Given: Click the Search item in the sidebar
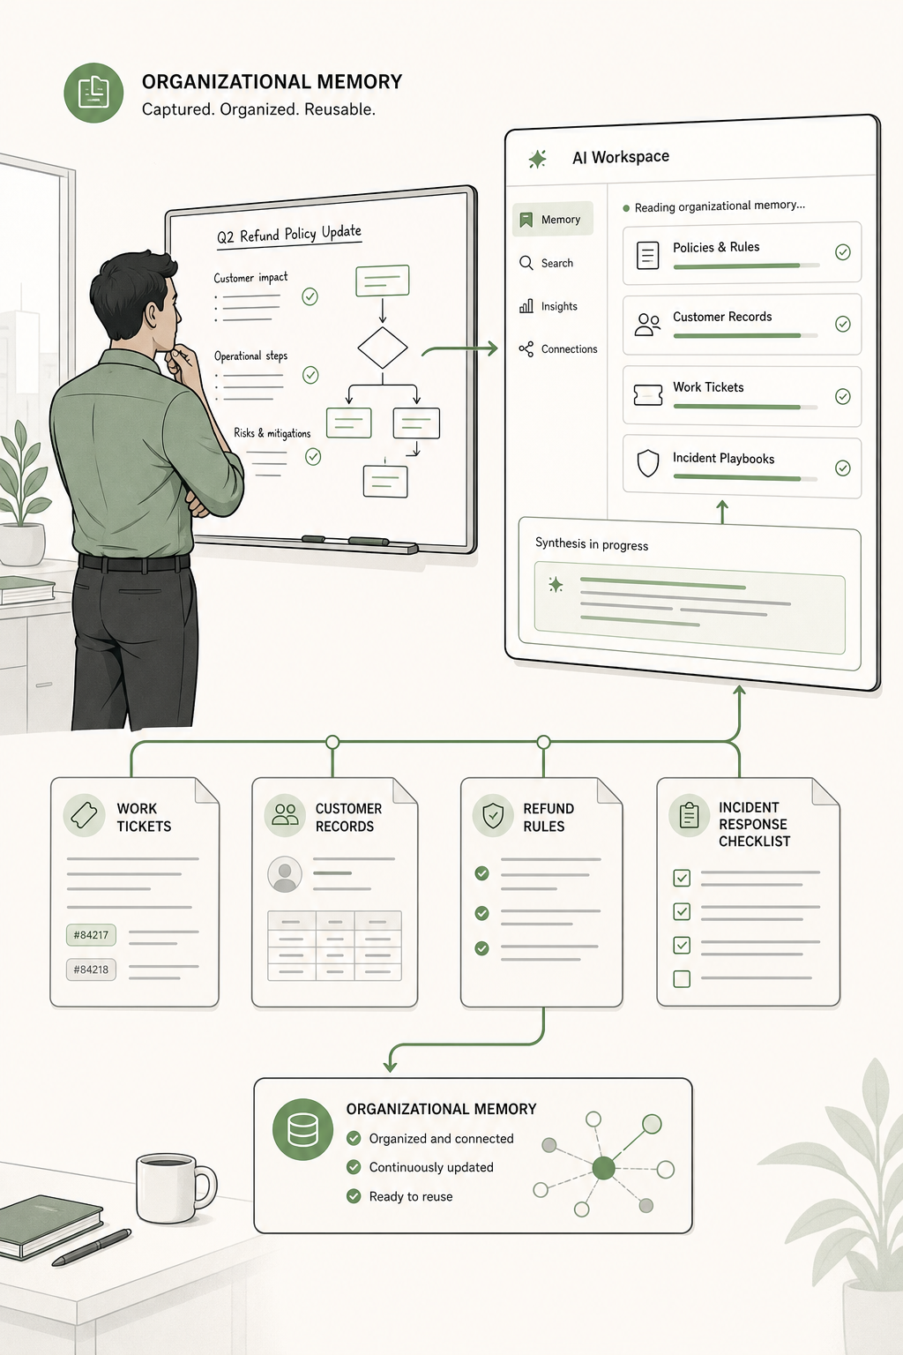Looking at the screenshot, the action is coord(546,263).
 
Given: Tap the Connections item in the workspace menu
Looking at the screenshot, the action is coord(557,349).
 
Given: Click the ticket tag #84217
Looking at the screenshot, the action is coord(92,934).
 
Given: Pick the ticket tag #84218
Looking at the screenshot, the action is coord(92,969).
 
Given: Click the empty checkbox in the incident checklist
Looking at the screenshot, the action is coord(682,978).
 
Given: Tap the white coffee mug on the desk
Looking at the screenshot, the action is coord(175,1188).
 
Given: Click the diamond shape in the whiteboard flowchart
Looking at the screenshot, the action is coord(382,348).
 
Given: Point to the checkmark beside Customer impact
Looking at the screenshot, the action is coord(310,296).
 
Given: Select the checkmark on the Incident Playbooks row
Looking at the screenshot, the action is coord(842,468).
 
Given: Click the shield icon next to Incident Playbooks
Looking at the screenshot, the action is coord(648,463).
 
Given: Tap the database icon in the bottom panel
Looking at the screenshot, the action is coord(302,1129).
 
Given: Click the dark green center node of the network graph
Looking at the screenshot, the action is coord(603,1168).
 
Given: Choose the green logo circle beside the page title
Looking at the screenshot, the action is coord(93,93).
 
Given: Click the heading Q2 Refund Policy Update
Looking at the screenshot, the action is coord(289,234).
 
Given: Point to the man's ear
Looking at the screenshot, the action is coord(151,317).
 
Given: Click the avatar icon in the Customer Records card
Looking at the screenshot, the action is coord(284,874).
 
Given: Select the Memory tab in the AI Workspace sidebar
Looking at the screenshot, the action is coord(553,219).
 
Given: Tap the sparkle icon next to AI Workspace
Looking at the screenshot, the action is coord(537,159).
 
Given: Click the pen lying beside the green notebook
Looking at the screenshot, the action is coord(92,1246).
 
